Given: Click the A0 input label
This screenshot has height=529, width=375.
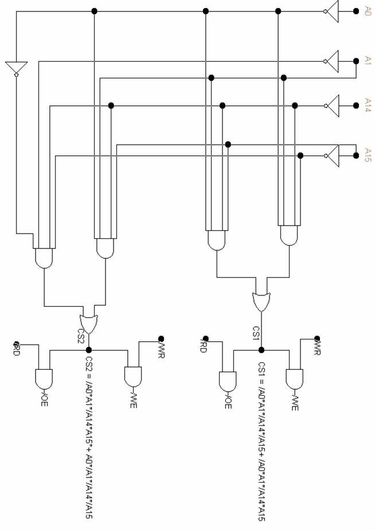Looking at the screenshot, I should (x=368, y=10).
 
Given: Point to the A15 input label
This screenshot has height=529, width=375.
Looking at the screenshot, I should (x=368, y=153).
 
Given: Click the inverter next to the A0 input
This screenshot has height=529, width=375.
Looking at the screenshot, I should (x=332, y=10).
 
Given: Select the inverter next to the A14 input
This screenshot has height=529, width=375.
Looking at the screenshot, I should (x=332, y=105).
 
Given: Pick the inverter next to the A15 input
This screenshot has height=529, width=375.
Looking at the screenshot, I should (x=332, y=154).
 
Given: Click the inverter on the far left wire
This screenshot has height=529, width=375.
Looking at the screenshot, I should (x=15, y=68).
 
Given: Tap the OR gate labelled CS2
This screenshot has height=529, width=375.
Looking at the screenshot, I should (x=88, y=323).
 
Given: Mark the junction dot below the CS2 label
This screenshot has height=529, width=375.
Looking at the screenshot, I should (x=88, y=349).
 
